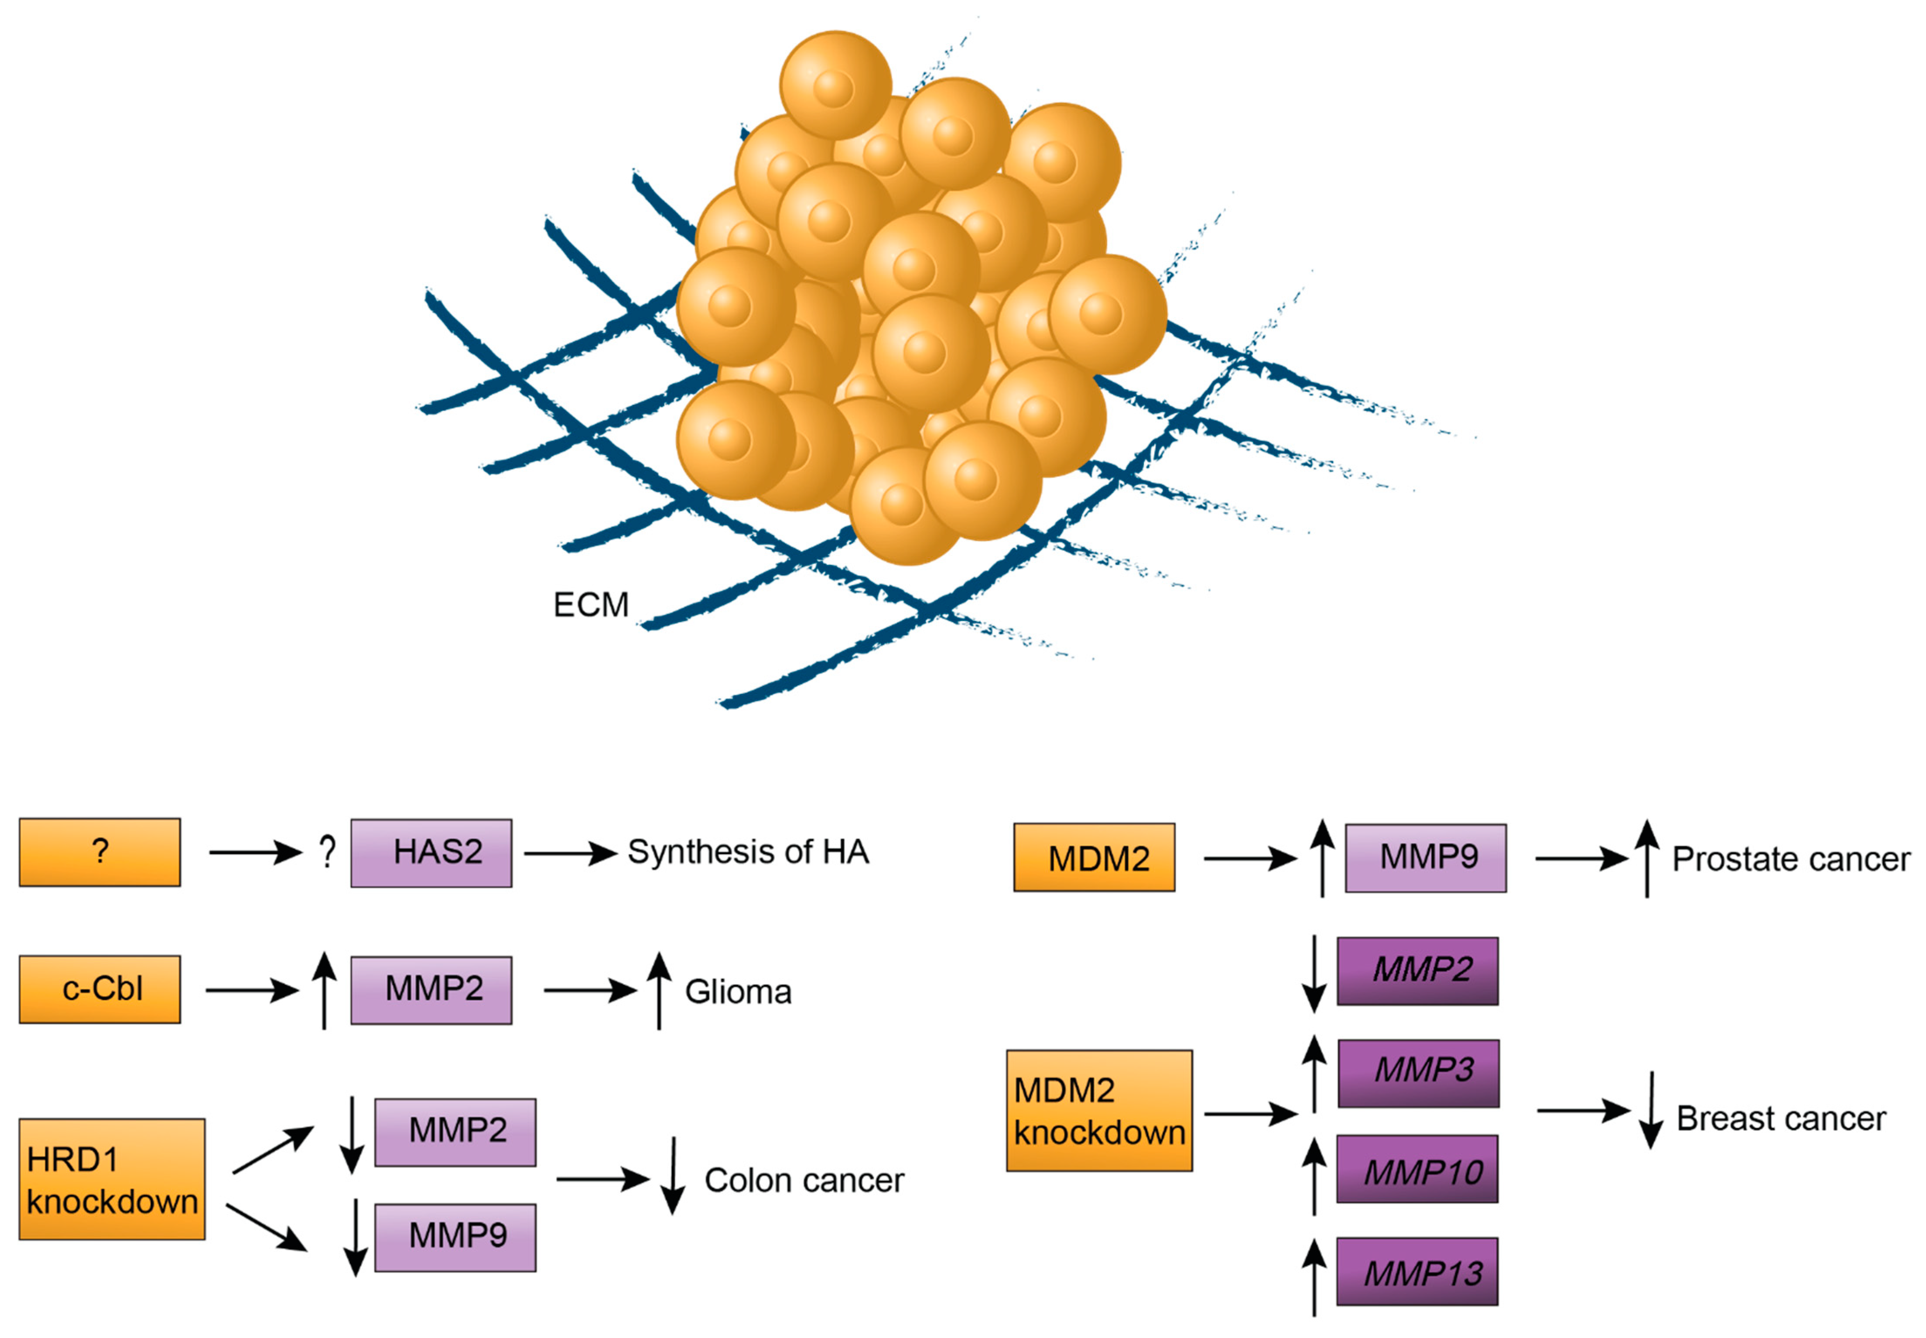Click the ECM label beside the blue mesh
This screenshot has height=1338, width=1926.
pyautogui.click(x=590, y=604)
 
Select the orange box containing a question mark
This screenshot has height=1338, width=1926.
pyautogui.click(x=100, y=852)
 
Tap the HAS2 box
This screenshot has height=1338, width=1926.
pyautogui.click(x=431, y=853)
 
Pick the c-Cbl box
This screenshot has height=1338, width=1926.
pyautogui.click(x=100, y=989)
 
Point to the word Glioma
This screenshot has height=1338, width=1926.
pyautogui.click(x=738, y=992)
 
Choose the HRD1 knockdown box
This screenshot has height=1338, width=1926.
pyautogui.click(x=112, y=1179)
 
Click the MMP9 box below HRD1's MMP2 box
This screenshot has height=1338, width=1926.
pyautogui.click(x=455, y=1237)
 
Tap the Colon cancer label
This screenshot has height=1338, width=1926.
pyautogui.click(x=804, y=1180)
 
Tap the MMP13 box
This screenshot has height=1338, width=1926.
pyautogui.click(x=1416, y=1271)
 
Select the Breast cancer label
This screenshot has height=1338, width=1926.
pyautogui.click(x=1780, y=1118)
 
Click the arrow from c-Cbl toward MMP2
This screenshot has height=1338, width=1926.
pyautogui.click(x=251, y=990)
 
